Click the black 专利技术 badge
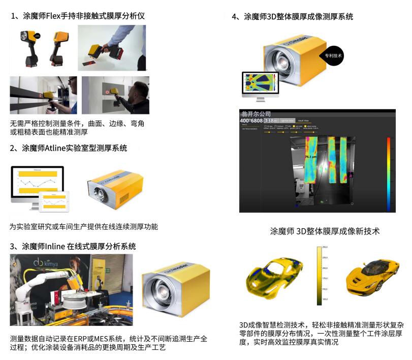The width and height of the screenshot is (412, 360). (x=333, y=56)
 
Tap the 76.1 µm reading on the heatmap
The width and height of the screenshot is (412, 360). (x=310, y=158)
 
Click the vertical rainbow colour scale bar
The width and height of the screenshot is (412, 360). (x=389, y=173)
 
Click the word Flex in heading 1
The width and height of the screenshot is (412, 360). (x=54, y=16)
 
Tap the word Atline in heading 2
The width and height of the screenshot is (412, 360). (x=57, y=148)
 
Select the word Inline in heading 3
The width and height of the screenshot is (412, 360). (x=55, y=246)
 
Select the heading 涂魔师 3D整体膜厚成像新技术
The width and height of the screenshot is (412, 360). (x=325, y=231)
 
